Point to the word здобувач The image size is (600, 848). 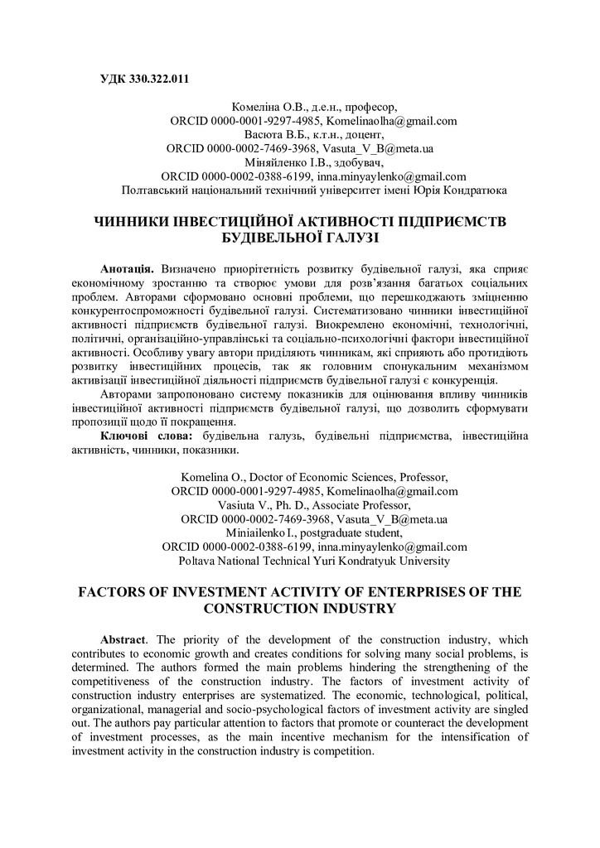tap(360, 162)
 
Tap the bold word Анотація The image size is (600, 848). tap(126, 271)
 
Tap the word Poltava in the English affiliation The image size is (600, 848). tap(198, 561)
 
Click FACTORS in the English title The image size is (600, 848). tap(114, 593)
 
